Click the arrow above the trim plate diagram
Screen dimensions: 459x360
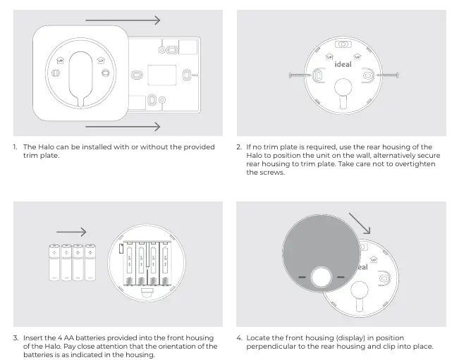coord(123,20)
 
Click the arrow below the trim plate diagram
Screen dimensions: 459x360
coord(123,127)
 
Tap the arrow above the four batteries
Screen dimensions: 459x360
coord(71,232)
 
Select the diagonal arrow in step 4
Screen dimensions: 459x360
coord(360,223)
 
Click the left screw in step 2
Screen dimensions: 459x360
coord(300,75)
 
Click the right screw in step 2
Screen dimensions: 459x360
coord(387,75)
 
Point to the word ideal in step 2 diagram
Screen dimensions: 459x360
coord(343,64)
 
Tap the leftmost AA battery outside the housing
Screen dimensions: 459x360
coord(54,262)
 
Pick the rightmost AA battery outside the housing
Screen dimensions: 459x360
coord(90,262)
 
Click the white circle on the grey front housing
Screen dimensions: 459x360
coord(321,277)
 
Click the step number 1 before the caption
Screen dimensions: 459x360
coord(15,147)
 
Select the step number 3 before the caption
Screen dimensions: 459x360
coord(16,337)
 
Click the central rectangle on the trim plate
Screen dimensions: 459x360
coord(162,75)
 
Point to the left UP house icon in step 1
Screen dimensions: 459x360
coord(60,61)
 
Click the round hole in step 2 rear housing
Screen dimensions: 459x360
coord(343,87)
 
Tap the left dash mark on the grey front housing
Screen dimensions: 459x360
coord(302,277)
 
